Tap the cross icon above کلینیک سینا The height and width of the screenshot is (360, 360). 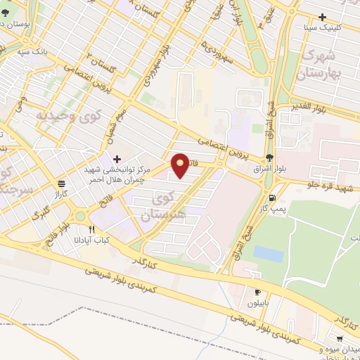coord(323,17)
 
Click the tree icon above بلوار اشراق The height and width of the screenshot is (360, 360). coord(270,157)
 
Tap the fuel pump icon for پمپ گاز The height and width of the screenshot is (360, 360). coord(272,198)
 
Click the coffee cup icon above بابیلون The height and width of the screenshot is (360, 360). coord(257,292)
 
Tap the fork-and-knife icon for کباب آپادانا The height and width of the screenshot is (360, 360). coord(91,229)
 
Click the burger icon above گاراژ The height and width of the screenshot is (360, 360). coord(62,181)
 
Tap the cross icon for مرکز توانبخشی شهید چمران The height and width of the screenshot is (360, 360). coord(117,158)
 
